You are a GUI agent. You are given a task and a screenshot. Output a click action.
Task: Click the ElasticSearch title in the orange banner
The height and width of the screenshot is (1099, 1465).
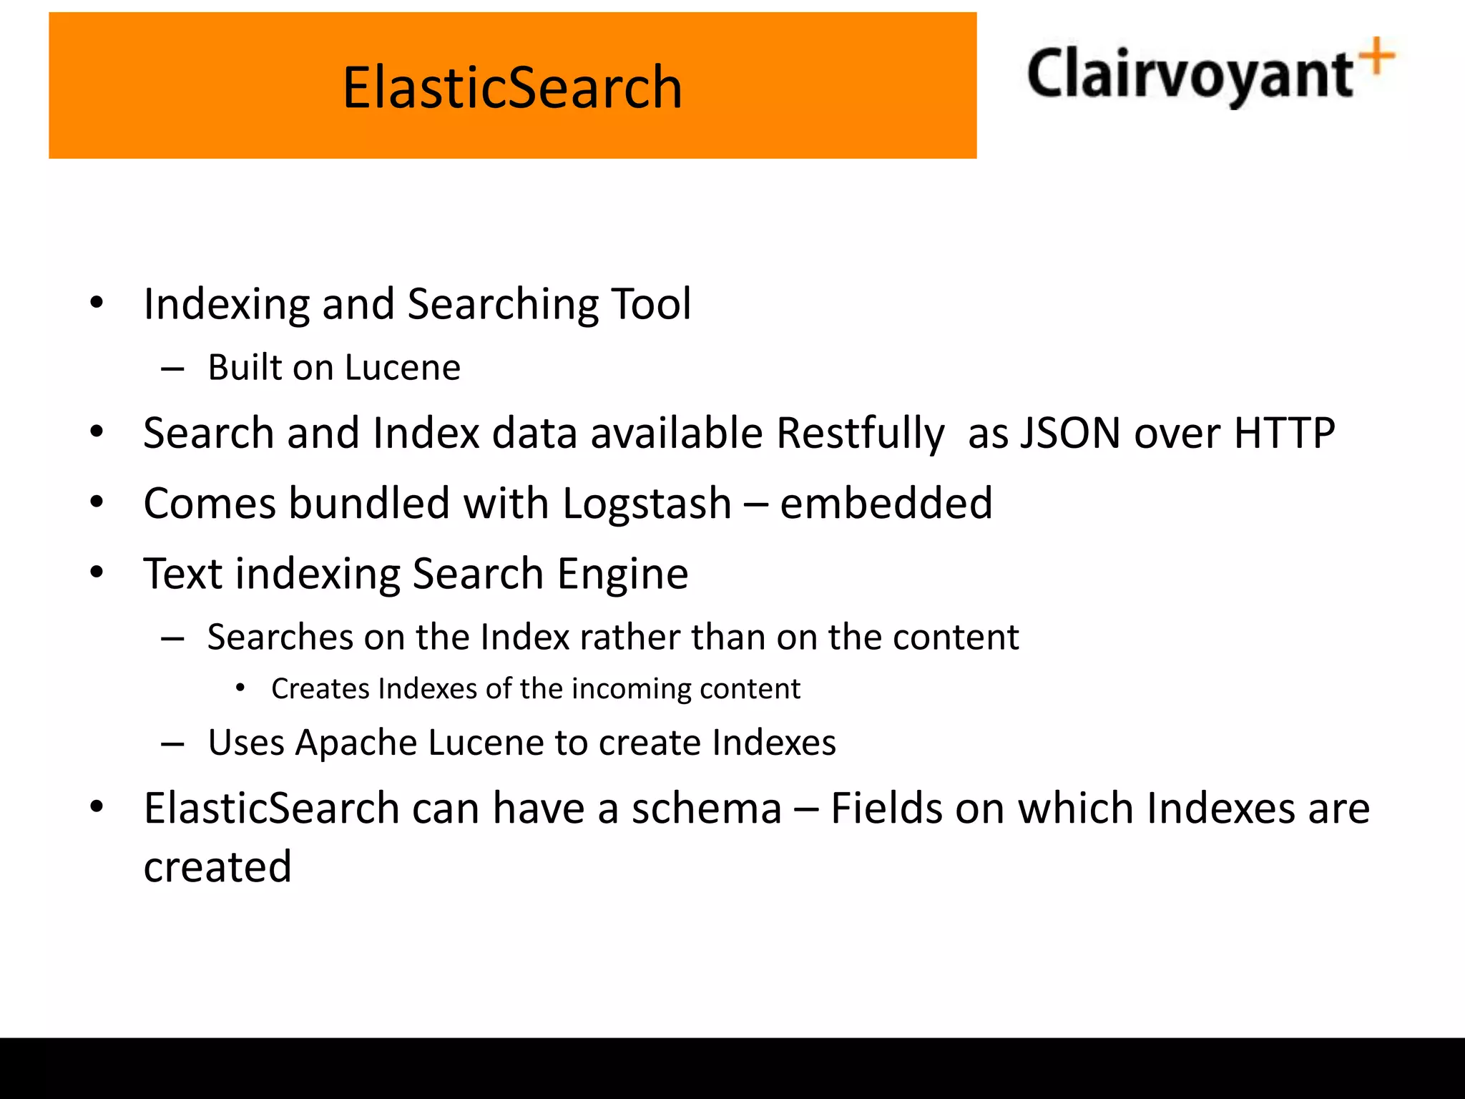tap(512, 87)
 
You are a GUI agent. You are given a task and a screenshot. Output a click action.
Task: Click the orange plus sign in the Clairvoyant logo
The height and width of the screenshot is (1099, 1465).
tap(1377, 57)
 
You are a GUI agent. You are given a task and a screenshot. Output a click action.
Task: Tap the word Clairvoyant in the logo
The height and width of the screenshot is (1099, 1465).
tap(1189, 75)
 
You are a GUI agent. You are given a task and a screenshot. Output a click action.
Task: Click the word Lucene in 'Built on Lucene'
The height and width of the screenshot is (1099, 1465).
tap(403, 368)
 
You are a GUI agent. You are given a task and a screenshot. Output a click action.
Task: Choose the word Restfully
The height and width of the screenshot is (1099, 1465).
tap(861, 434)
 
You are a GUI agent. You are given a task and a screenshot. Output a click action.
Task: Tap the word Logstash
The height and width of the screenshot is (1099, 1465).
tap(647, 504)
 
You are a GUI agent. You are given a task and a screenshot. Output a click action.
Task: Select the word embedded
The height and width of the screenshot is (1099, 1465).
tap(886, 503)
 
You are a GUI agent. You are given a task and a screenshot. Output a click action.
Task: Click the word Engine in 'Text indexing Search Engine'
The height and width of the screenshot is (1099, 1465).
tap(622, 575)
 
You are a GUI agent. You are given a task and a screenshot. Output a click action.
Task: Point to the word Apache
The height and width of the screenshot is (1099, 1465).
tap(356, 743)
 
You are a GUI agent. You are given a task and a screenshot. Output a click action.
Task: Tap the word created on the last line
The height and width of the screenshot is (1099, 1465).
tap(217, 867)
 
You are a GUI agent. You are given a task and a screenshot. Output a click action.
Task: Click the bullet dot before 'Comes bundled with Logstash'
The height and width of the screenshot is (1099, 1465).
tap(97, 502)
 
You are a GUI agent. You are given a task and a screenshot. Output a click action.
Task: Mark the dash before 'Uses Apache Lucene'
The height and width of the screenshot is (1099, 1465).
tap(172, 744)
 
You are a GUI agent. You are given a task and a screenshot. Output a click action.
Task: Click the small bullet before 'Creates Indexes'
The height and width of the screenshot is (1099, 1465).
tap(240, 688)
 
